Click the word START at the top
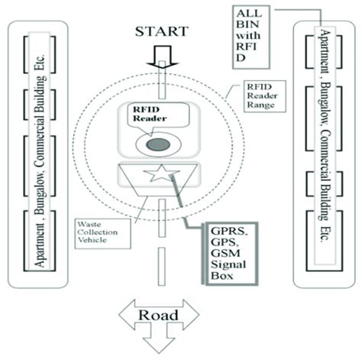click(x=160, y=32)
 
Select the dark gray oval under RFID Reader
click(x=158, y=144)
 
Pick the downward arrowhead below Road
click(x=160, y=345)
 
